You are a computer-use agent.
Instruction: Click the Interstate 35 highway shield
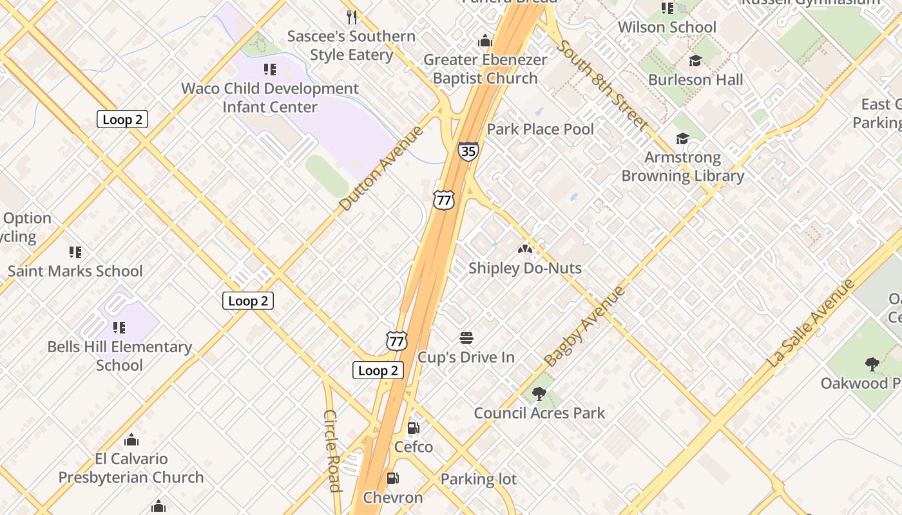point(468,151)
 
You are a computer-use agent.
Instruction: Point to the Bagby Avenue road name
point(584,326)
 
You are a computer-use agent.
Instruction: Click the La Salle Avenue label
point(810,324)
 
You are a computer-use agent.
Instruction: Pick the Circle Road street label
point(332,451)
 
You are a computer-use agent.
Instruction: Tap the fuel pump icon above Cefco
point(414,428)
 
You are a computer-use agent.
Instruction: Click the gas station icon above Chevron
point(392,478)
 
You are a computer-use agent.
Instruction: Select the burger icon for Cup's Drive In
point(466,338)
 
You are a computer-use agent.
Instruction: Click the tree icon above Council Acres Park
point(539,394)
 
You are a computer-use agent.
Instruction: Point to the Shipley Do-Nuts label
point(524,268)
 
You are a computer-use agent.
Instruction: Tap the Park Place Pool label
point(540,129)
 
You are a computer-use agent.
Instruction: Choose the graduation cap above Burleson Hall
point(695,61)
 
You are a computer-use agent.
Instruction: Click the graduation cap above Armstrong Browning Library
point(682,139)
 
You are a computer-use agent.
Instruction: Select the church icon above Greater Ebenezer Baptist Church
point(485,41)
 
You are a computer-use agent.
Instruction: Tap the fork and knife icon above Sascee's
point(352,17)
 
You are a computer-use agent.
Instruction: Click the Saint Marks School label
point(75,271)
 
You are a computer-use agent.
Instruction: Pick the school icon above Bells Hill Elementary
point(119,328)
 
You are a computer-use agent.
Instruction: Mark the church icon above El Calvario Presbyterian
point(131,440)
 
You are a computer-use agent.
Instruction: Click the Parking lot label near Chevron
point(478,479)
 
